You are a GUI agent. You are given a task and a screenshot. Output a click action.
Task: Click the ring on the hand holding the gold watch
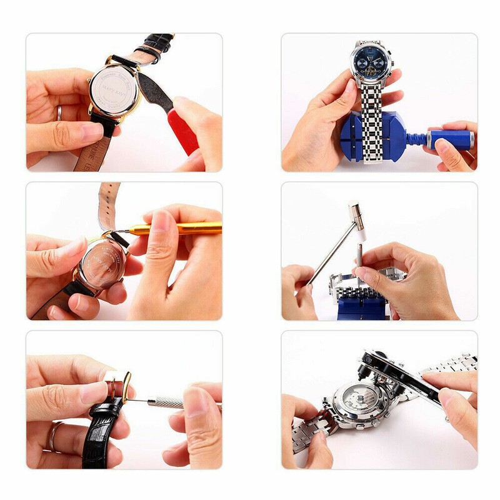pos(59,112)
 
